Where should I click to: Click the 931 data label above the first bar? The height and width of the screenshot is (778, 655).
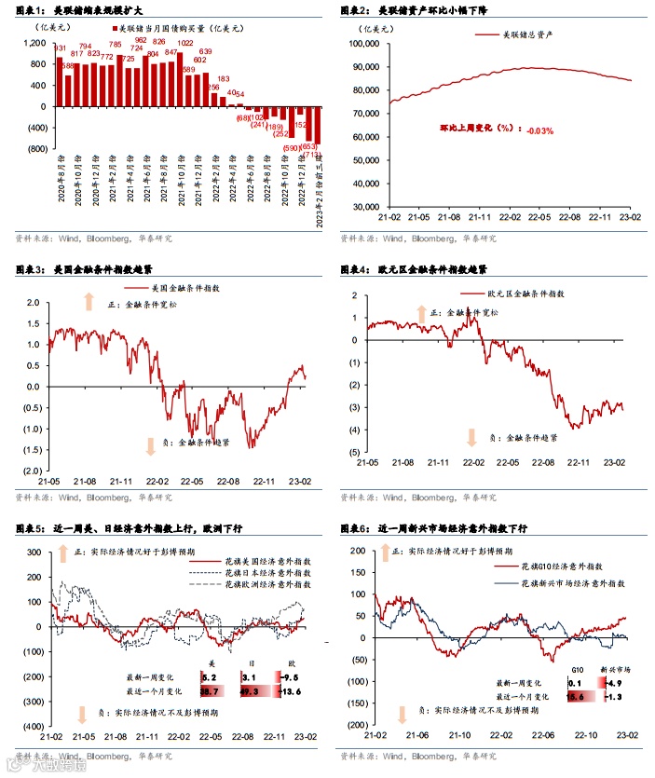61,48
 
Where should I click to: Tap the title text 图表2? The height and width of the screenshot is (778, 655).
352,10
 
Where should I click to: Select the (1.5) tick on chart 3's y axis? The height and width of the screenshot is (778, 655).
32,450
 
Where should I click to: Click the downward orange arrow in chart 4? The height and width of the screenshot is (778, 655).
471,435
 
